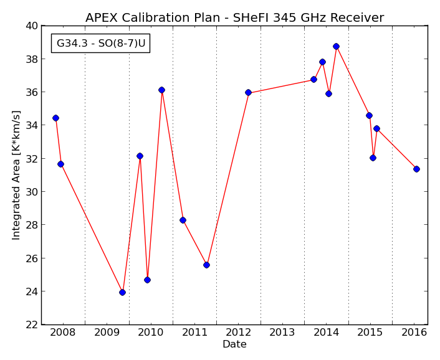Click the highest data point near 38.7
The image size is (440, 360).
(336, 46)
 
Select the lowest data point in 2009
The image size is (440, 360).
(122, 293)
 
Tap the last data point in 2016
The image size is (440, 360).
(416, 169)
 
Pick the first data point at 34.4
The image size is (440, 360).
(56, 118)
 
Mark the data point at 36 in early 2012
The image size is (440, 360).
(248, 93)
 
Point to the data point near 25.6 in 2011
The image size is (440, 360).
(206, 265)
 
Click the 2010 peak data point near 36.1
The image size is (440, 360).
(161, 90)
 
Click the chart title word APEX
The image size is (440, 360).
(102, 17)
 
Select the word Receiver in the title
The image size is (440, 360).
(357, 17)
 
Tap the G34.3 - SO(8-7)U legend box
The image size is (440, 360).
(101, 44)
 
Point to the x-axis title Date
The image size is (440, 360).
(234, 344)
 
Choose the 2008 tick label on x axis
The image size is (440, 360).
(63, 333)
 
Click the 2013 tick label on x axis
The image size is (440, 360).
(282, 333)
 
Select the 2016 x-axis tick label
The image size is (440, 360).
(414, 333)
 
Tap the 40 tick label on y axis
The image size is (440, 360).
(31, 26)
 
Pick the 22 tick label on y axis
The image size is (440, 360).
(31, 324)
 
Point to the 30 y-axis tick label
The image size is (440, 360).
(31, 192)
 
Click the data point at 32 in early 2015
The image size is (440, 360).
(373, 158)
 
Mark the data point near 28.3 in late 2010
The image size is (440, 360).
(183, 220)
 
